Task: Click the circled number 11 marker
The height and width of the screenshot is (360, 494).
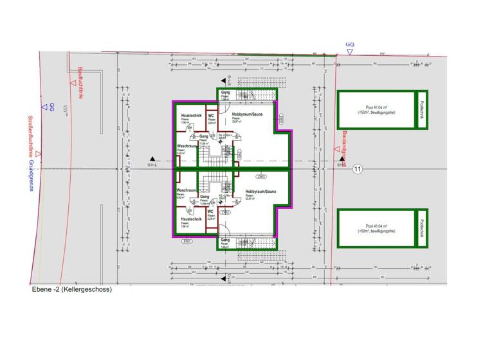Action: click(x=358, y=168)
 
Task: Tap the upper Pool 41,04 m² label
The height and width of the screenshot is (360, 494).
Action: click(x=376, y=109)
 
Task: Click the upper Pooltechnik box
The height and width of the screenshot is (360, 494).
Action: click(x=423, y=109)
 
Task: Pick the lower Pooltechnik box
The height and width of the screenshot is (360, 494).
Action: click(x=423, y=228)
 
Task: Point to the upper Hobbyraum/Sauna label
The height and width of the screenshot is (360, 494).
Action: click(x=247, y=114)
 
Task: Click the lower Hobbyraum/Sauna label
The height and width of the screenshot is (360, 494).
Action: click(x=260, y=192)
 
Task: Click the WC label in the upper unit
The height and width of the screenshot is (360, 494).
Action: click(x=211, y=116)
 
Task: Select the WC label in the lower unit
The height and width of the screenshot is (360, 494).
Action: click(x=211, y=212)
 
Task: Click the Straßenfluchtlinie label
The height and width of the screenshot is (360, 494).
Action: click(x=30, y=134)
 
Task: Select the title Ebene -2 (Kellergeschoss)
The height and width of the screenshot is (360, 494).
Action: click(x=71, y=289)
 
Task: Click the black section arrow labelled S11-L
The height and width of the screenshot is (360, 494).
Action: click(x=152, y=159)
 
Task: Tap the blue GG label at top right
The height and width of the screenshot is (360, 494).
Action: click(x=350, y=45)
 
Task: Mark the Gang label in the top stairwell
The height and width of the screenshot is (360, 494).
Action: click(x=225, y=92)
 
